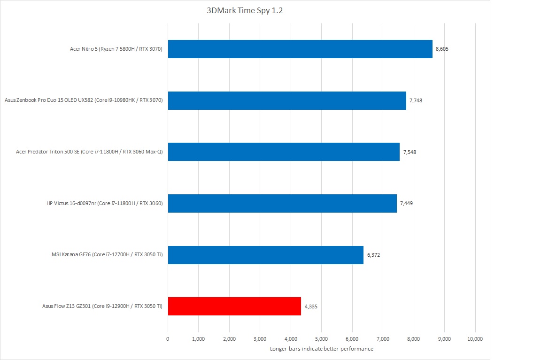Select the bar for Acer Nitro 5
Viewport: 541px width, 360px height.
300,49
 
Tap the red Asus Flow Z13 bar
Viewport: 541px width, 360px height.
234,306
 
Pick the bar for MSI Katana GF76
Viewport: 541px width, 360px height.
265,255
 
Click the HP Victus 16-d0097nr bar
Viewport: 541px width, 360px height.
282,203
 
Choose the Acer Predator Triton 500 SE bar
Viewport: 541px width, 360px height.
284,152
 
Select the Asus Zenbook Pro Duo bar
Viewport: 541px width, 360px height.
287,100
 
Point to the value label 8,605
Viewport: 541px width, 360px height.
442,49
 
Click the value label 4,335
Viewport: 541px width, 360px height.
311,306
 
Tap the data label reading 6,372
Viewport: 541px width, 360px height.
373,255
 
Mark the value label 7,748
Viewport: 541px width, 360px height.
416,100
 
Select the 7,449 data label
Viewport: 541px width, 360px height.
406,203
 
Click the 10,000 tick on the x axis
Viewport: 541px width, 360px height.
475,338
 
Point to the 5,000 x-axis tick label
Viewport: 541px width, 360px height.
321,338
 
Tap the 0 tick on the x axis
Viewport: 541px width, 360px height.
168,338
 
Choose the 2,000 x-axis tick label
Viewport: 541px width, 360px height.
229,338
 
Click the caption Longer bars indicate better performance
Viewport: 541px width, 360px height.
322,349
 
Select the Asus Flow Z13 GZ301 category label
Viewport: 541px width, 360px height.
102,306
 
